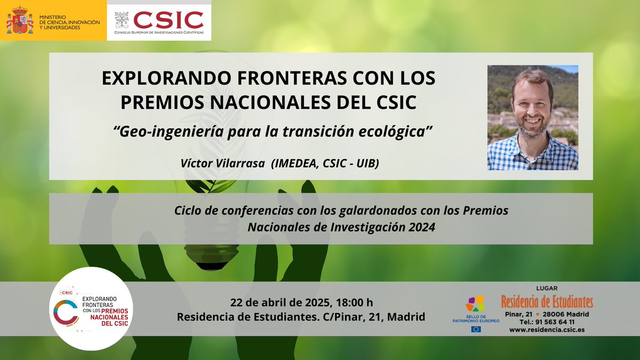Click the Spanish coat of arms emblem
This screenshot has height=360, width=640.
(x=20, y=20)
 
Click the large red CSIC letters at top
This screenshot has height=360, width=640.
(x=168, y=20)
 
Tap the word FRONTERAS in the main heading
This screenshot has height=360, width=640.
(x=245, y=78)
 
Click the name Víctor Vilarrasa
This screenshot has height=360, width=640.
(x=223, y=164)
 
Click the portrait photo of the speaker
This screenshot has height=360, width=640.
(x=532, y=118)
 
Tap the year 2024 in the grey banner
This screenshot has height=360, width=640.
(x=421, y=227)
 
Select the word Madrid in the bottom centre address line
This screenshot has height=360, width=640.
(x=406, y=317)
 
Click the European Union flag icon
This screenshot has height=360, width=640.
(x=476, y=329)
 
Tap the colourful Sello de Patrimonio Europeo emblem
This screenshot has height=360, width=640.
(x=475, y=303)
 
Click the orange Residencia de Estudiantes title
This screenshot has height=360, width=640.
(x=547, y=302)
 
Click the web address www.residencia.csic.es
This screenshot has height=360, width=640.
(x=547, y=330)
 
